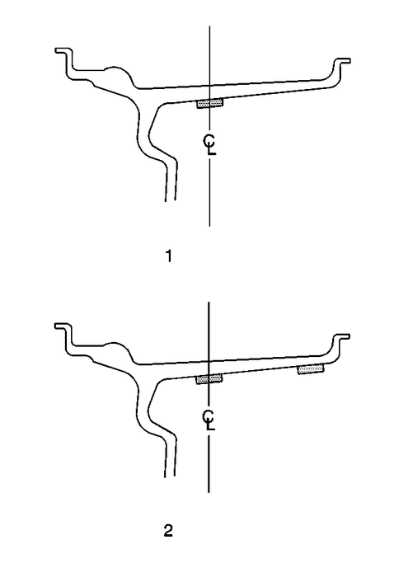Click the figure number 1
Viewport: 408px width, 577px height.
169,256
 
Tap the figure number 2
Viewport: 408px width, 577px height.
169,529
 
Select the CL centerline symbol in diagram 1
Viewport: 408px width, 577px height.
209,145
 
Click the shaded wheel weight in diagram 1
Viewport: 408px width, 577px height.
210,104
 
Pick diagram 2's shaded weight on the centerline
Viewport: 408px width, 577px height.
209,379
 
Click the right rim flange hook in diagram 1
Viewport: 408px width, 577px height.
339,65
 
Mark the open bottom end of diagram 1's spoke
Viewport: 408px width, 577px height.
171,200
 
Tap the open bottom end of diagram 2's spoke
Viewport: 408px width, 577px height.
171,476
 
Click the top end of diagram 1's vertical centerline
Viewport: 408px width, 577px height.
209,26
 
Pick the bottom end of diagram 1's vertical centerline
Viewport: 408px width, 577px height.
209,225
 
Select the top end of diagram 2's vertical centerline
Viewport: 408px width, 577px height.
209,302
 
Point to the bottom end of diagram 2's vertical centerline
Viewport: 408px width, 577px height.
209,491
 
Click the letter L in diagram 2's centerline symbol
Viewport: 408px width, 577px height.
212,427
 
